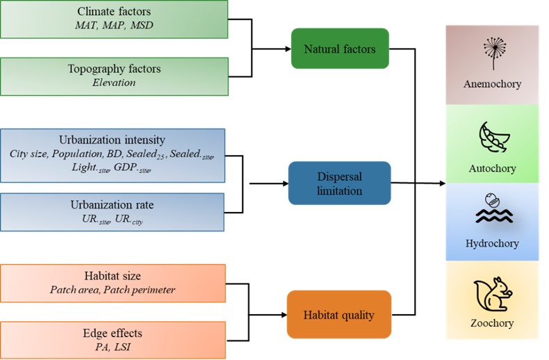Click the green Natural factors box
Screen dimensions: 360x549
(340, 49)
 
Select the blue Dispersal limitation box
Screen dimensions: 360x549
(340, 183)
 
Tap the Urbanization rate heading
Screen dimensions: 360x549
(113, 206)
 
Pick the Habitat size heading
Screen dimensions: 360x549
(113, 276)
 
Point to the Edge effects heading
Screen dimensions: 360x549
(113, 333)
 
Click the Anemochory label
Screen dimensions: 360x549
(492, 85)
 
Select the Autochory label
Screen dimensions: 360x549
(492, 169)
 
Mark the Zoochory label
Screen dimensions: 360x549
(492, 322)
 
